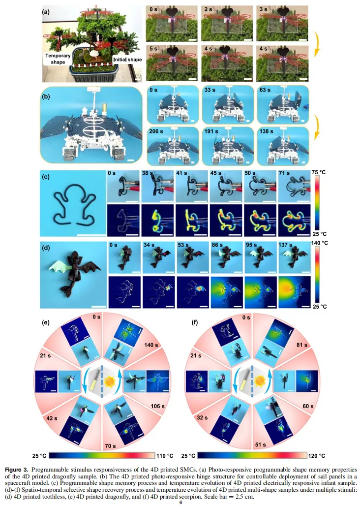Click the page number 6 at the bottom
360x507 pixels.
(x=180, y=502)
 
